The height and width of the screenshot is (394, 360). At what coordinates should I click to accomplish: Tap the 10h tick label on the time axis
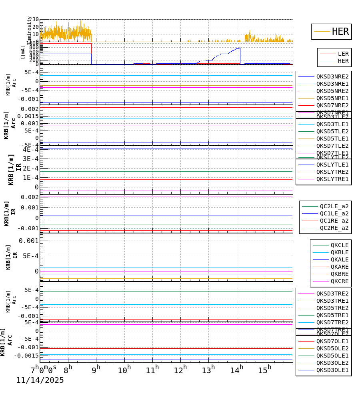(124, 370)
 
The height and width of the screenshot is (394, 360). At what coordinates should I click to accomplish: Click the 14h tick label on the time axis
(236, 370)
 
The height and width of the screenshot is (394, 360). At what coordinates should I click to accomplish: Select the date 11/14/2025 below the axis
(40, 380)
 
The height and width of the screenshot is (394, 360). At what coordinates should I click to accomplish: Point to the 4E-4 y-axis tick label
(31, 149)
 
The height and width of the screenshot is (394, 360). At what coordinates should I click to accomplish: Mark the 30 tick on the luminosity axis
(36, 20)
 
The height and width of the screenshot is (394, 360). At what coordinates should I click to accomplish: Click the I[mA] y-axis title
(23, 52)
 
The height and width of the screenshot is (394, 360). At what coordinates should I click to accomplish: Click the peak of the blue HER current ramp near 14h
(240, 48)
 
